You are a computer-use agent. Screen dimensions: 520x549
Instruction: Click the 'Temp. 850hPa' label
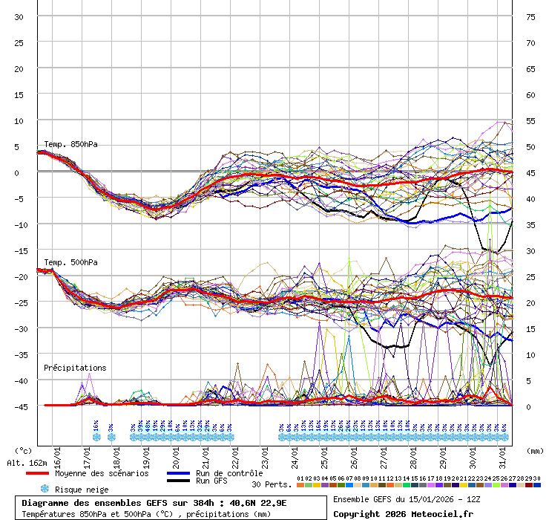[70, 144]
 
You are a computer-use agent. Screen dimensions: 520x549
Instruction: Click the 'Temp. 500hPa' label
[70, 262]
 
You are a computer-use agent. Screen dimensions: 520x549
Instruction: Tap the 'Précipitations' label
[75, 368]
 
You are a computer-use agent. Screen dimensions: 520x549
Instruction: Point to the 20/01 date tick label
[177, 454]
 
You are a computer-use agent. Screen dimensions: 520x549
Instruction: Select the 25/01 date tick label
[325, 454]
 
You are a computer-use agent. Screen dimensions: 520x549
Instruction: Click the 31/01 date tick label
[503, 454]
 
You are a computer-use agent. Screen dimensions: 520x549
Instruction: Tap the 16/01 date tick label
[58, 454]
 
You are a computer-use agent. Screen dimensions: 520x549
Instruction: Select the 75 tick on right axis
[530, 16]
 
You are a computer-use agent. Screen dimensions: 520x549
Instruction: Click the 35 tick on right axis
[530, 224]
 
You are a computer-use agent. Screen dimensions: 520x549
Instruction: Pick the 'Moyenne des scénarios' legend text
[102, 473]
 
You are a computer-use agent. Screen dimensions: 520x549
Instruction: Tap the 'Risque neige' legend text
[82, 490]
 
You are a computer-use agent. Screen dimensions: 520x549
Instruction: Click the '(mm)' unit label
[535, 450]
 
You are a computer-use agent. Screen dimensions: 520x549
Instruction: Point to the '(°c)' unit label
[23, 450]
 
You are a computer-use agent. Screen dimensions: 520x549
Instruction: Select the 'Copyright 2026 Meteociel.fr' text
[403, 513]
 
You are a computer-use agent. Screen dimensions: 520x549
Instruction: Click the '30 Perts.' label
[271, 484]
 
